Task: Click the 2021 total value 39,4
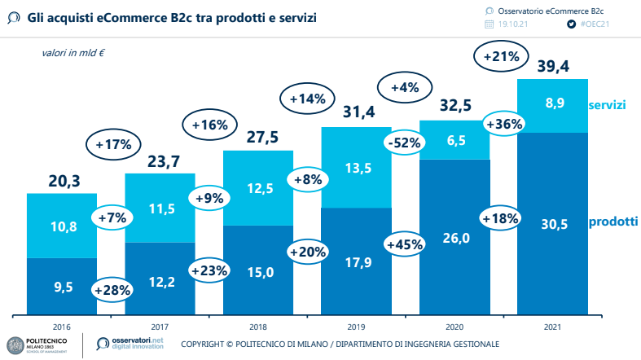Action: click(551, 66)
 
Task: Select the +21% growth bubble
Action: click(500, 57)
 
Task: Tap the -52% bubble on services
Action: click(405, 143)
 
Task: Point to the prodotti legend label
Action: click(612, 222)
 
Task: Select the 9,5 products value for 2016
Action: click(63, 287)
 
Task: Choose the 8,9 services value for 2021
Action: click(552, 103)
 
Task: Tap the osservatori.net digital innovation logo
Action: click(130, 344)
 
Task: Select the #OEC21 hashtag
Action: click(595, 24)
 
